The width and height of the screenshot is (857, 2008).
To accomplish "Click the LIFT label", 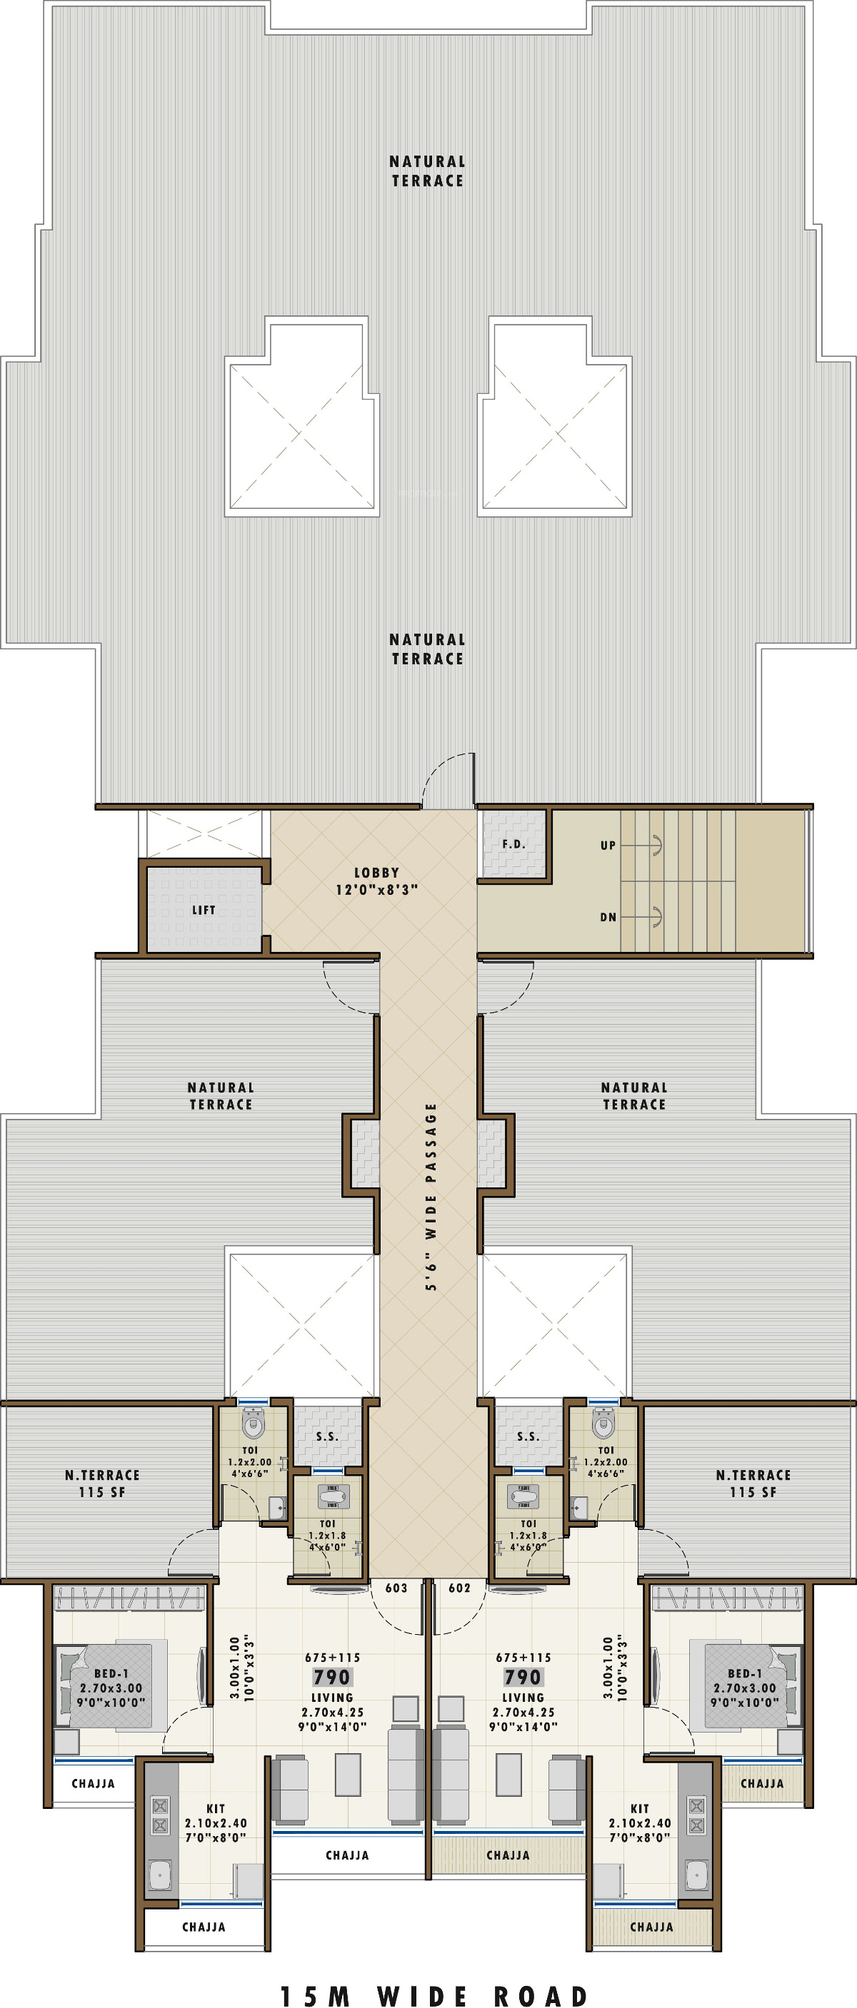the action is (x=204, y=910).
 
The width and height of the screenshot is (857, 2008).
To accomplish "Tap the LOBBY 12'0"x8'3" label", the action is (x=376, y=881).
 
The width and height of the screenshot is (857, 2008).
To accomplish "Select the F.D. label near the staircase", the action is (x=514, y=843).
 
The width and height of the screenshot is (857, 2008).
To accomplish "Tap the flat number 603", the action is (x=396, y=1588).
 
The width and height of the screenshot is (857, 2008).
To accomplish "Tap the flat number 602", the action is (x=459, y=1588).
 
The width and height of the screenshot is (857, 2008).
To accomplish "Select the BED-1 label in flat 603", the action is (x=111, y=1673).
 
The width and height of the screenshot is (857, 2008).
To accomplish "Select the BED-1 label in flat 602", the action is (x=745, y=1673).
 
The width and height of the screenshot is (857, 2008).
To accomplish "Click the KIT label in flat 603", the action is (x=216, y=1808).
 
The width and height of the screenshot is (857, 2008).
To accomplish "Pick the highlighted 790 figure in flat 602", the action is (x=523, y=1677).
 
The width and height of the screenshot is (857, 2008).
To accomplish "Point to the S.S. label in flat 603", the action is (x=328, y=1436).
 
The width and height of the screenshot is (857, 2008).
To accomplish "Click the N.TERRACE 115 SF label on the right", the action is (x=753, y=1484).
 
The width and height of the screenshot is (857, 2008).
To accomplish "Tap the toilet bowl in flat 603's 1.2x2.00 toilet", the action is (x=254, y=1423).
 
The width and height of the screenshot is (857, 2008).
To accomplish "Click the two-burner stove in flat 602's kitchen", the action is (x=696, y=1815).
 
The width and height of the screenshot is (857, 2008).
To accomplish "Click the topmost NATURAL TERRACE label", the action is (x=427, y=171).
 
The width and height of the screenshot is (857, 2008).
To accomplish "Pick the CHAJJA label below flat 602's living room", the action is (x=508, y=1855).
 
